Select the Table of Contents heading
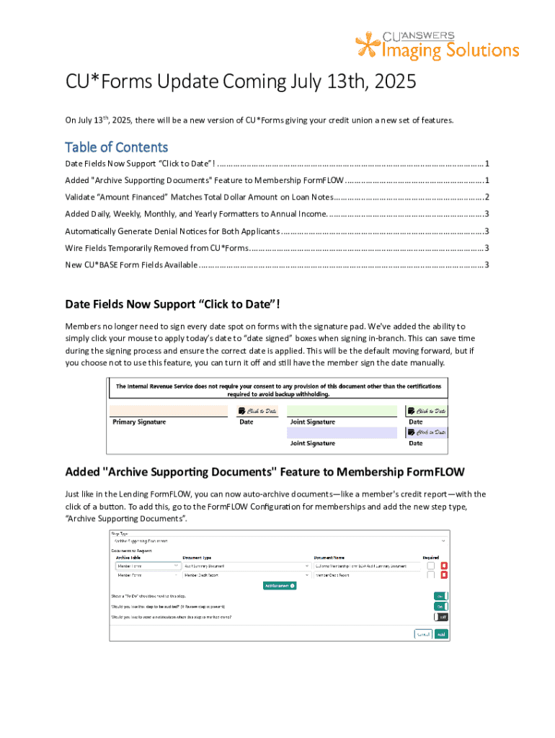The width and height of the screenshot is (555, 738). (x=116, y=147)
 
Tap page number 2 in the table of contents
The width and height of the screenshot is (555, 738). (x=487, y=197)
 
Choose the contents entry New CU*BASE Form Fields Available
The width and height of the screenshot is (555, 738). (x=130, y=265)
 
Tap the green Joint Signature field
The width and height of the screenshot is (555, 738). (x=341, y=411)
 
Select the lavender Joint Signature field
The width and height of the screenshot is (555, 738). (x=341, y=432)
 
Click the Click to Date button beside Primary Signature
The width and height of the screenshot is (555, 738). (x=257, y=411)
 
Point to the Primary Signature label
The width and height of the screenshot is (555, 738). (x=139, y=422)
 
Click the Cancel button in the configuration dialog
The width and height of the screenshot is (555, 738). (x=423, y=634)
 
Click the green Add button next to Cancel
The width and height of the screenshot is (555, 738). (x=441, y=634)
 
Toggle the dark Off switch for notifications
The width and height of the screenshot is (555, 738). (x=440, y=617)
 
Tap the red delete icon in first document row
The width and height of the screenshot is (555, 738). (x=444, y=566)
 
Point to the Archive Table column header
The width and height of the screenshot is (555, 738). (x=128, y=557)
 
